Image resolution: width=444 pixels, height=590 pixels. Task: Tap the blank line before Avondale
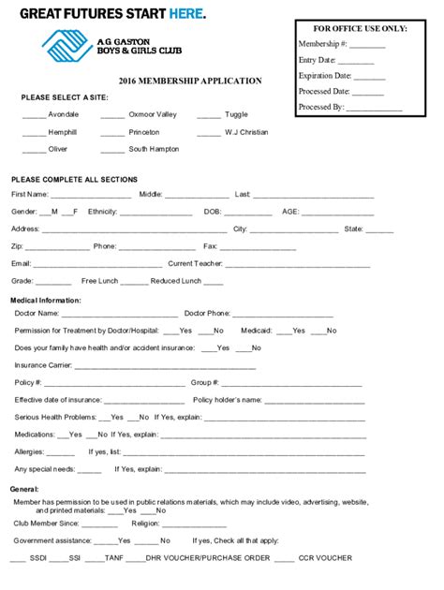click(x=35, y=116)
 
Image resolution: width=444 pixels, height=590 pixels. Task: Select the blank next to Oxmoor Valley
click(x=112, y=116)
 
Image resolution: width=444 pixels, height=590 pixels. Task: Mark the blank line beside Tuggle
click(x=209, y=116)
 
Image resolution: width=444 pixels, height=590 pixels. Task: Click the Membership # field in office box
click(x=367, y=45)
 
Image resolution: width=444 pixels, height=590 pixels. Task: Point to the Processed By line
click(x=374, y=109)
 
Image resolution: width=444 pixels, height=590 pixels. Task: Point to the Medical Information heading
click(x=45, y=301)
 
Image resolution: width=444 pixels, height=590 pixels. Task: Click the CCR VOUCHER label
click(x=326, y=558)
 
